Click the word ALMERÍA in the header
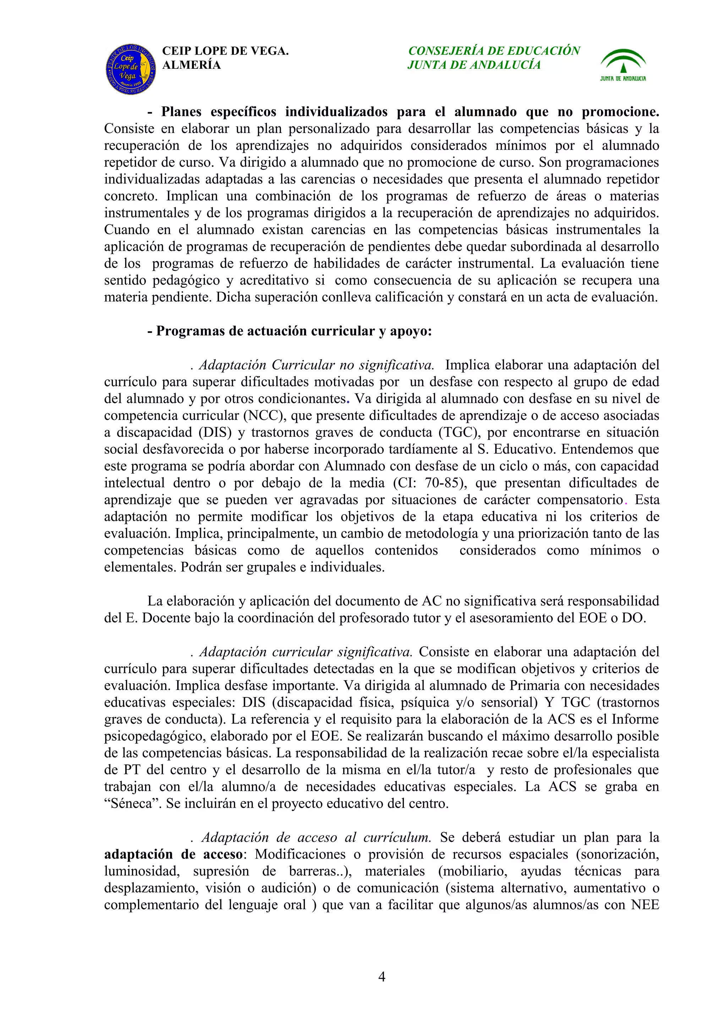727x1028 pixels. click(x=191, y=65)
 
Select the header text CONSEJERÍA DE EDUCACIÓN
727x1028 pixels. click(x=494, y=51)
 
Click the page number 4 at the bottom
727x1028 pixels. click(x=382, y=976)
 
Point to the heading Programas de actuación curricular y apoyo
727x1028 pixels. click(x=289, y=331)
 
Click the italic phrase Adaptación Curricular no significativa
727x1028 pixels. click(x=316, y=365)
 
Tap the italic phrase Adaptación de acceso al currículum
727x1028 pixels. click(x=316, y=837)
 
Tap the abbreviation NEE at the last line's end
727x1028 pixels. click(x=645, y=905)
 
